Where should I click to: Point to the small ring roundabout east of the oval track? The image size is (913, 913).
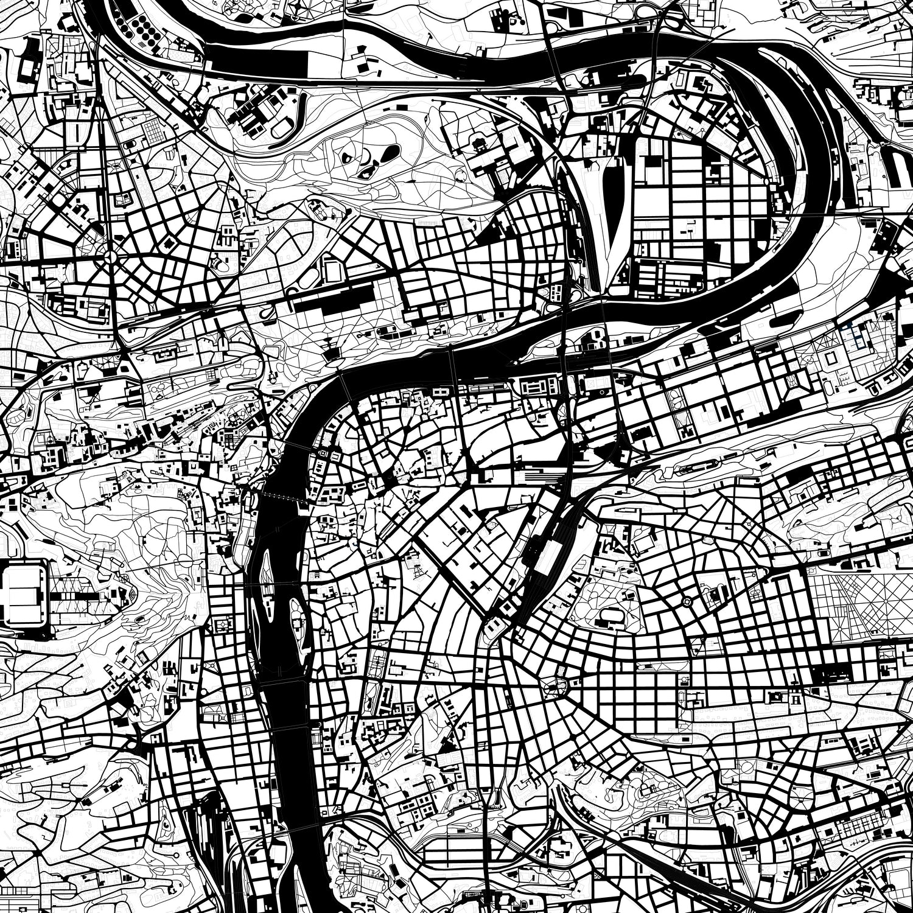coord(687,601)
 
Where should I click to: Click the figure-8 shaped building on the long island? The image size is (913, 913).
coord(593,337)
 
